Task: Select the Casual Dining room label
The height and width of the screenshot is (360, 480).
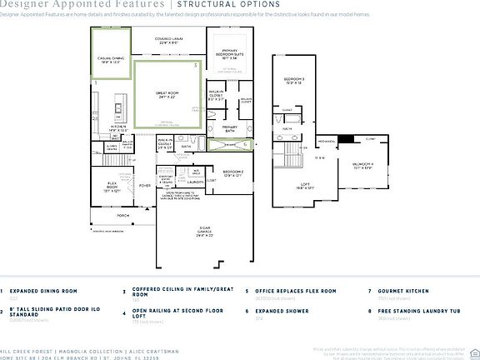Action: pos(110,59)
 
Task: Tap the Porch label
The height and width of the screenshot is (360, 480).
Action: pos(123,214)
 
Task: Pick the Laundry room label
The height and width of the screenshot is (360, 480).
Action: pos(196,181)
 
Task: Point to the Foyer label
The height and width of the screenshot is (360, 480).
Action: pos(145,186)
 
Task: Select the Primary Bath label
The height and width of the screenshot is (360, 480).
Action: pos(230,128)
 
